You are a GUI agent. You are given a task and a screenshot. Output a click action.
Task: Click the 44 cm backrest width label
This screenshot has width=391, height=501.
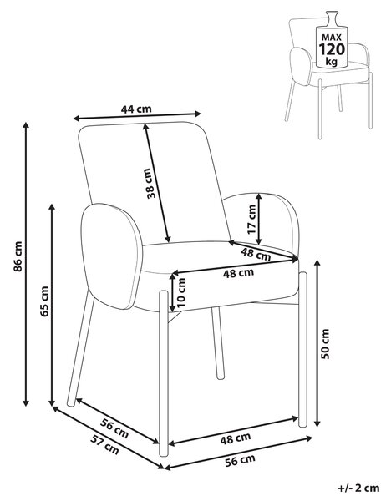click(x=136, y=109)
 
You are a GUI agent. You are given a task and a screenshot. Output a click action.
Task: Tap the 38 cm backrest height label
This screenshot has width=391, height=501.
click(x=150, y=184)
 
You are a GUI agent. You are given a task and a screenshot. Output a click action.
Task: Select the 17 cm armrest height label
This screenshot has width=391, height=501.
click(x=251, y=219)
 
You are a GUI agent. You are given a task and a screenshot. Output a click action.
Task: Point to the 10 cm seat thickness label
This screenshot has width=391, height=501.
click(x=181, y=292)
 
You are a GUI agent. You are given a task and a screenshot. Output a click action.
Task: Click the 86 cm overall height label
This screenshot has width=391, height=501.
click(x=18, y=256)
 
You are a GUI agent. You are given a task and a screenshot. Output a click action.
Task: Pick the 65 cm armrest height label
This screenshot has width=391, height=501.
click(x=44, y=301)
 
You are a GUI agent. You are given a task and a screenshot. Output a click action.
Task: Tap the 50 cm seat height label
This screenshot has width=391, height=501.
click(x=325, y=344)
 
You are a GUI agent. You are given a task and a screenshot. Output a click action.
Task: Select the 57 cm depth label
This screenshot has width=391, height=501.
click(x=104, y=445)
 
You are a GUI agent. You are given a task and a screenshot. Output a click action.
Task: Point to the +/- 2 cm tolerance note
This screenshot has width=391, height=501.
click(x=358, y=488)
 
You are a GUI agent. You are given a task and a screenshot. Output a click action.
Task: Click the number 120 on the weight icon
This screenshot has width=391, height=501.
click(x=332, y=49)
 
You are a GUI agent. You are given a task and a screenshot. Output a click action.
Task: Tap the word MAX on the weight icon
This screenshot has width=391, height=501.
click(x=332, y=38)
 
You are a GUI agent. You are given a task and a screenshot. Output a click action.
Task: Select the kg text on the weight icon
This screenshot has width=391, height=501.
click(x=332, y=62)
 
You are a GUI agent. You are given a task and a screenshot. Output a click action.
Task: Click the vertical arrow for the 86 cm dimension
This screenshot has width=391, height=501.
click(x=26, y=264)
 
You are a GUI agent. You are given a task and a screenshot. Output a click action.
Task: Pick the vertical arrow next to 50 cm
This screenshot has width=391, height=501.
click(x=317, y=343)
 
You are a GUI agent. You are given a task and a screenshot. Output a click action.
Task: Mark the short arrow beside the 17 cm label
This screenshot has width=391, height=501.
click(x=259, y=219)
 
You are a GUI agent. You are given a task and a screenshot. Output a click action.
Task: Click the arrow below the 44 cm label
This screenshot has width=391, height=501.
click(x=137, y=116)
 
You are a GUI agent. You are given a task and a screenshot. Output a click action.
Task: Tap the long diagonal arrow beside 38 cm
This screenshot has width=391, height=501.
click(x=157, y=183)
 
